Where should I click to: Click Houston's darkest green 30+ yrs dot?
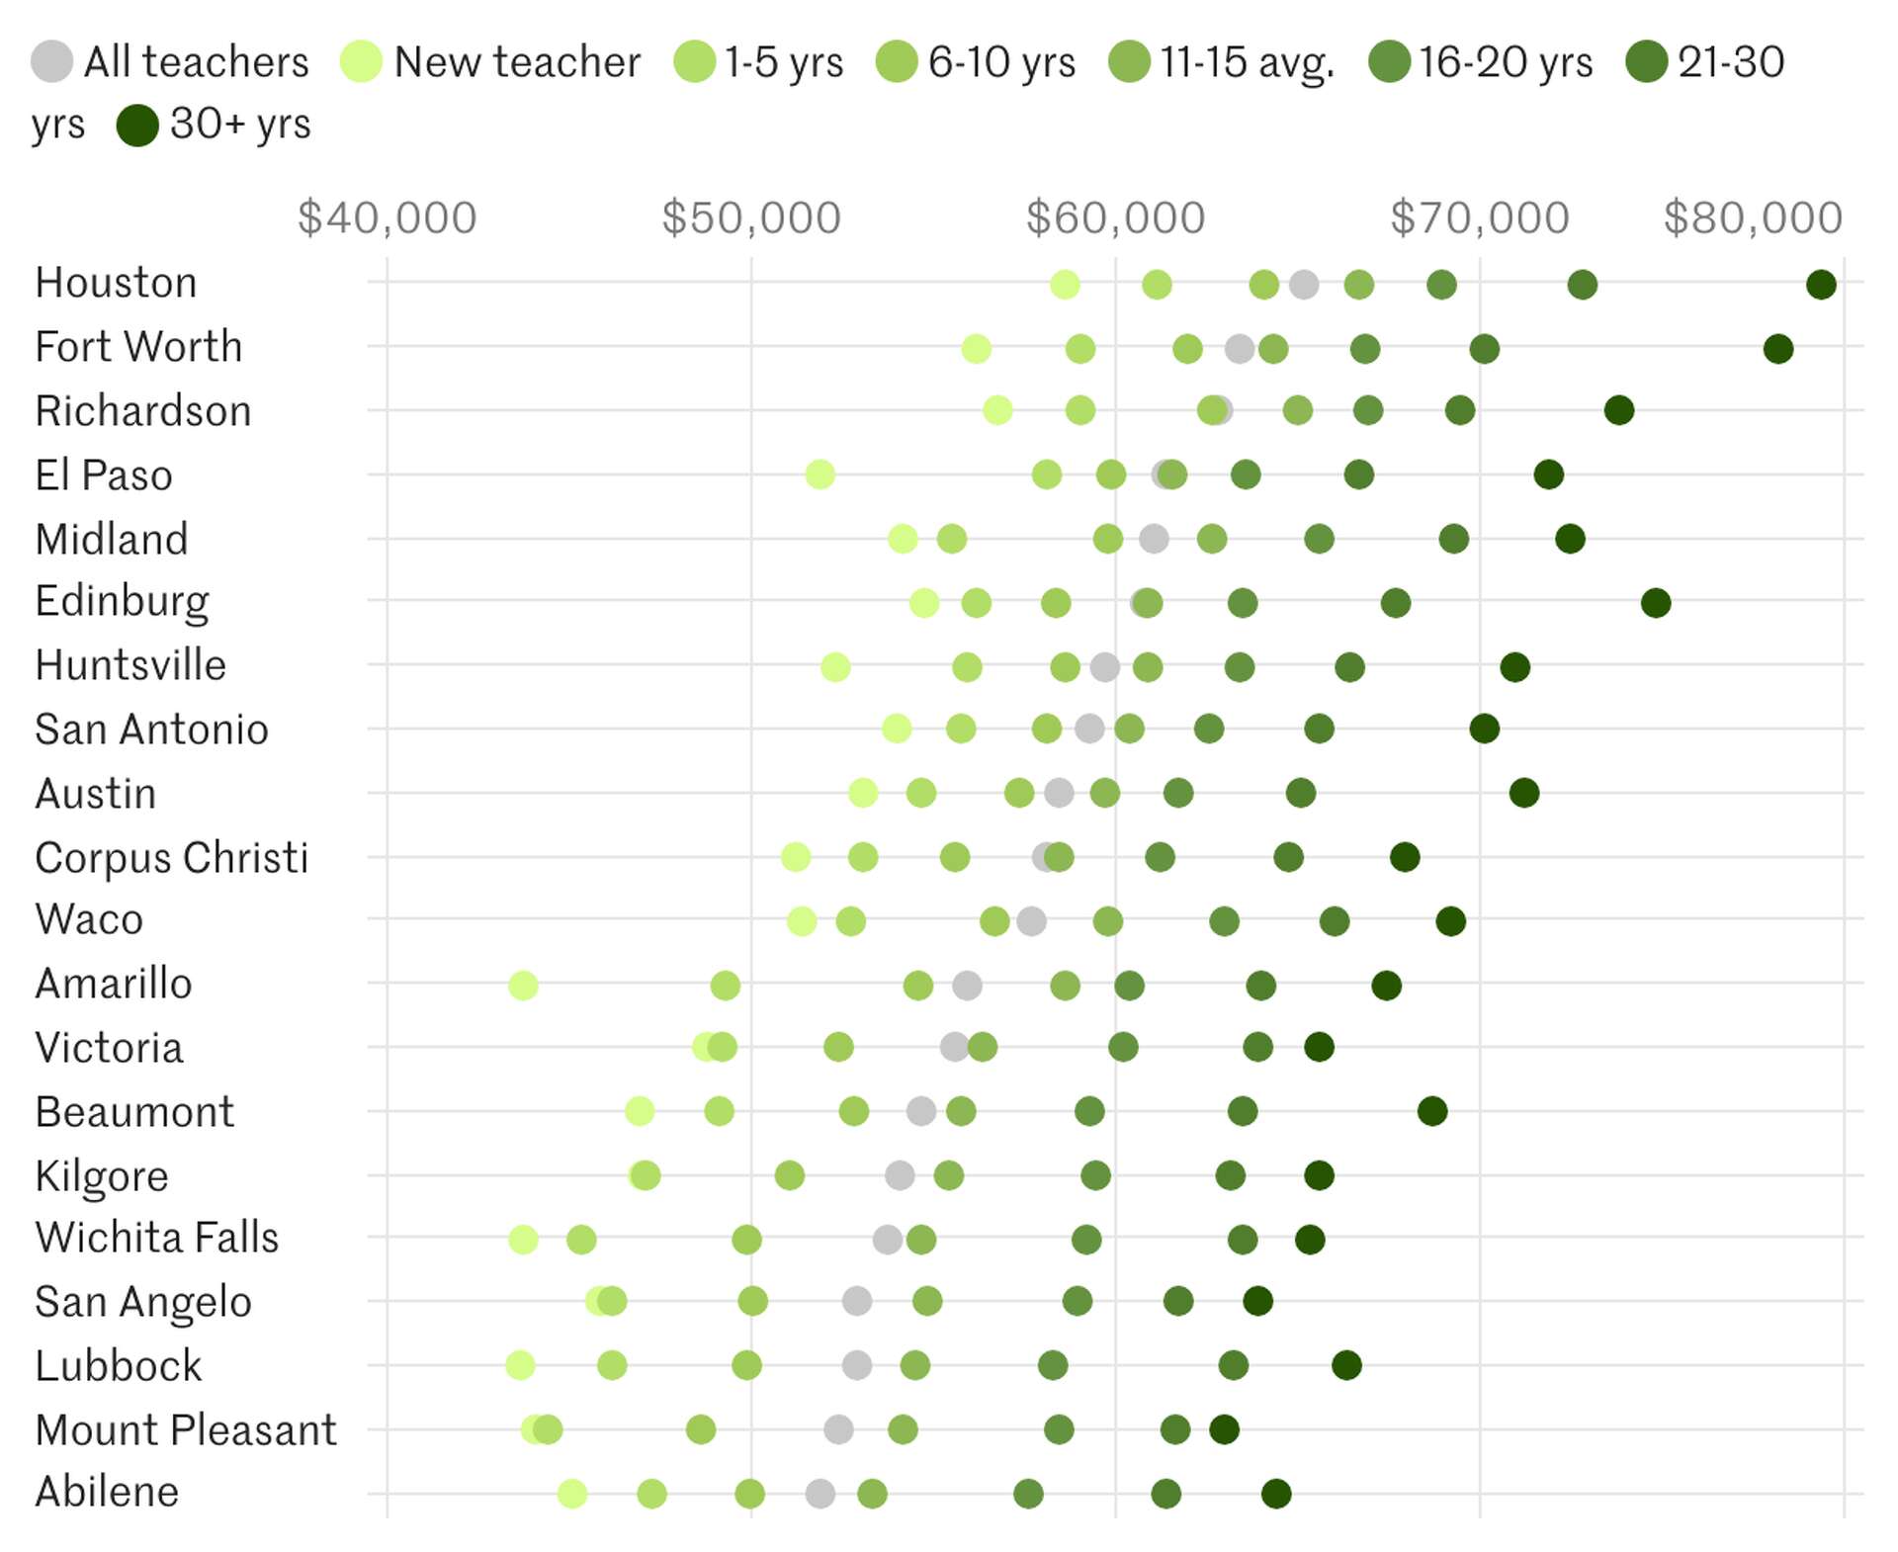click(1821, 285)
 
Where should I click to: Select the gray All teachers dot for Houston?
click(1304, 285)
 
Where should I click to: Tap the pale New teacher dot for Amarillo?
click(523, 986)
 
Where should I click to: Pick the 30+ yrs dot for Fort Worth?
click(1778, 349)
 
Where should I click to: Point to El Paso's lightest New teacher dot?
click(820, 474)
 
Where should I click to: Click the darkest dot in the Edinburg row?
click(1656, 602)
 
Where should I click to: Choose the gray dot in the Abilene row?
click(820, 1493)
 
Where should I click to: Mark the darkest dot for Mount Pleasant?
click(1224, 1429)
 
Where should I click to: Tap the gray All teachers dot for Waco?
click(1031, 921)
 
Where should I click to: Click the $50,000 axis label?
click(751, 217)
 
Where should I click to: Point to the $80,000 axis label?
click(1753, 217)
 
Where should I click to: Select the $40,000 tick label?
click(388, 217)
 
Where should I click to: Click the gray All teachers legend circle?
click(51, 61)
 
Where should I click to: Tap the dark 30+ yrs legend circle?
click(137, 126)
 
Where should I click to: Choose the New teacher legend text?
click(517, 61)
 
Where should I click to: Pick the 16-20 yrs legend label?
click(1506, 61)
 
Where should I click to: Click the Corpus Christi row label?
click(172, 858)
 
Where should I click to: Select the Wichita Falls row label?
click(157, 1238)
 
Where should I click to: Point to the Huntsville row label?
click(130, 665)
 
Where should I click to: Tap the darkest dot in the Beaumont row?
click(1432, 1111)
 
